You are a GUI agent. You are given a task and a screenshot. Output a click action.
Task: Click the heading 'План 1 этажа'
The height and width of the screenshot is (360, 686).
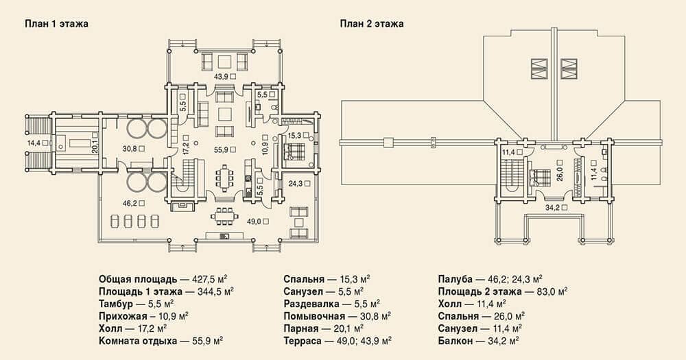(x=56, y=23)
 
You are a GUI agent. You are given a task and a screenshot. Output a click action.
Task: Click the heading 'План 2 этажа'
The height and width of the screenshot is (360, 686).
(x=372, y=23)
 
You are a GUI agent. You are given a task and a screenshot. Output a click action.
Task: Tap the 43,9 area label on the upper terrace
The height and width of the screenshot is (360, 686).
(x=222, y=76)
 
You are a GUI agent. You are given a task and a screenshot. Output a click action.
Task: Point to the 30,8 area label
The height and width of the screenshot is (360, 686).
(x=130, y=149)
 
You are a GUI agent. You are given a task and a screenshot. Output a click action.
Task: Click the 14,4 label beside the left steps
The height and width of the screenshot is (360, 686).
(x=34, y=143)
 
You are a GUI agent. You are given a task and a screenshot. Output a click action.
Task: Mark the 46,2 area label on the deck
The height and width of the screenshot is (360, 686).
(x=130, y=204)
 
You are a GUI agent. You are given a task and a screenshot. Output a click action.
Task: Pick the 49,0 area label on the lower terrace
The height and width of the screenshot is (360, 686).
(x=255, y=221)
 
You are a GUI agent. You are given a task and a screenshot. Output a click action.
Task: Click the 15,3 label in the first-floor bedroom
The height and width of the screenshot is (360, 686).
(x=295, y=136)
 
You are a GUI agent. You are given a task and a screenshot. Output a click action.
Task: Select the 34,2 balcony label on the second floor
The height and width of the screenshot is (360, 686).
(x=552, y=207)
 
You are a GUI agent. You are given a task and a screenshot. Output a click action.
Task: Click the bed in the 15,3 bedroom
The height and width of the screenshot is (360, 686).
(x=294, y=152)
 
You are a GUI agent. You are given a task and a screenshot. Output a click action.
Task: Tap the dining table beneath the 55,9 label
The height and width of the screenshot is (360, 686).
(x=224, y=177)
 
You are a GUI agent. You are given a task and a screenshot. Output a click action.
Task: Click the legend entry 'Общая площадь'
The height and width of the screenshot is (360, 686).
(x=138, y=280)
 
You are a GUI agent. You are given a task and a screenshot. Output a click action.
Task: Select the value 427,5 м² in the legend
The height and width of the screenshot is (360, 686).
(x=209, y=280)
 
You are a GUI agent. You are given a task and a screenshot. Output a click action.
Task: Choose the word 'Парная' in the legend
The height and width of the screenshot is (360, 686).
(x=300, y=328)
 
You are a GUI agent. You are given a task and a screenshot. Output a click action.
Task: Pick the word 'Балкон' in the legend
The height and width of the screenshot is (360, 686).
(x=456, y=341)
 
